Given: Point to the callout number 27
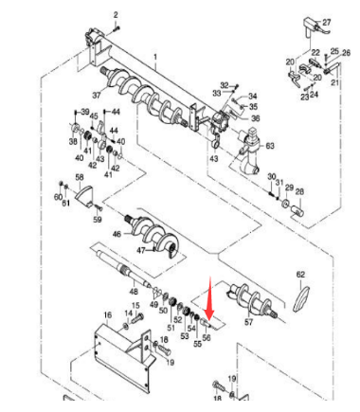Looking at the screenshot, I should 327,22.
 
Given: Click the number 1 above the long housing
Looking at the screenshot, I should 156,59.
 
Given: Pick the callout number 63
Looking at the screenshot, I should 269,147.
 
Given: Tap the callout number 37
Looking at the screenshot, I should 97,96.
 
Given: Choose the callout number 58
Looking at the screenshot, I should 80,177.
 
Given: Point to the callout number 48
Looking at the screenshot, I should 107,291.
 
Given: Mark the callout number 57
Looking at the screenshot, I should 249,323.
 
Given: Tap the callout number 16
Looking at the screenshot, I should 107,314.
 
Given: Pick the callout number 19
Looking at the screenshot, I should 170,362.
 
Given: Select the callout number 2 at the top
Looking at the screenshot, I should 117,15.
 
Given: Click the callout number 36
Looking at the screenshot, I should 255,118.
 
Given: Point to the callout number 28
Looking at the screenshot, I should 299,192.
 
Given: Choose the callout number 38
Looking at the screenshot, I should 72,141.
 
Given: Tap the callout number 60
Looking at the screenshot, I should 58,195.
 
